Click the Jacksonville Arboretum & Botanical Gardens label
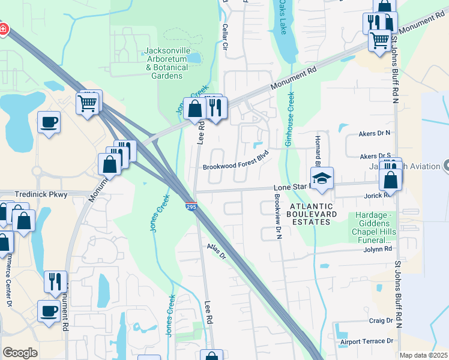point(166,63)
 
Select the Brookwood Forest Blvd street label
point(234,160)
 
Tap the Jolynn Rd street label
point(378,248)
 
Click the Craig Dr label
point(381,321)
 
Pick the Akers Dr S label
point(375,156)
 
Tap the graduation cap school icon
point(322,178)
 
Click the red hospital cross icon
point(3,29)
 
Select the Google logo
point(20,352)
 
